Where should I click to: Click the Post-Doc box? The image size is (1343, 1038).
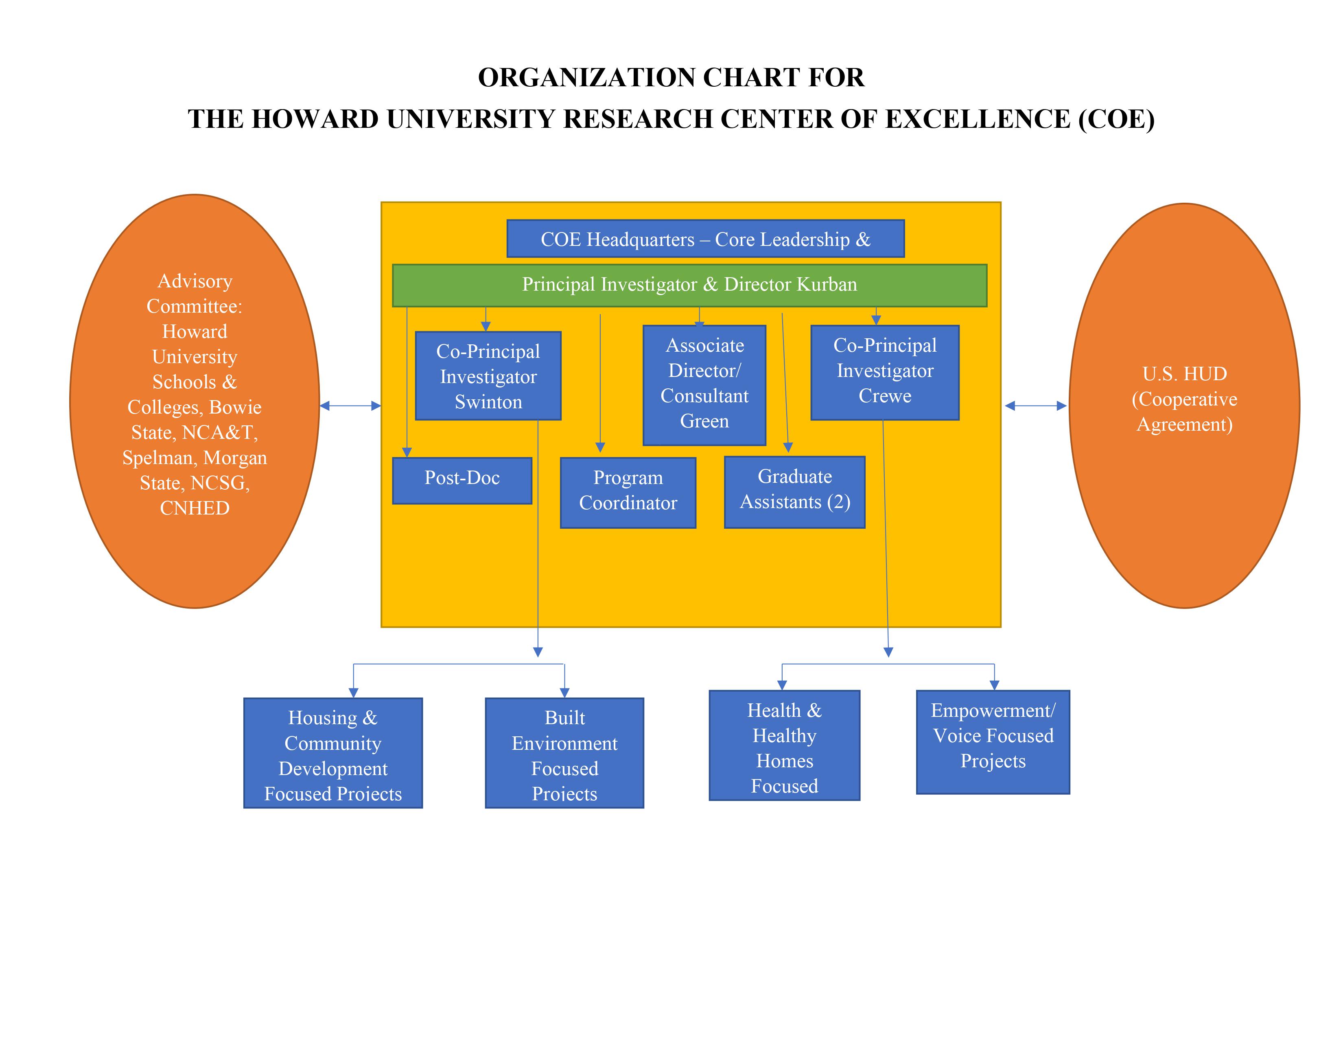(462, 480)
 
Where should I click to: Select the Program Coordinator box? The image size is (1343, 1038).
(628, 493)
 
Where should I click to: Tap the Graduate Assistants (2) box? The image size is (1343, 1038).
(794, 492)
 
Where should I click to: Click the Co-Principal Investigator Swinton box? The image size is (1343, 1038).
(488, 376)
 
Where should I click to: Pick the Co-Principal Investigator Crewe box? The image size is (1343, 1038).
(885, 372)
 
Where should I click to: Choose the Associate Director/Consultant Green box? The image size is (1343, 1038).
(704, 385)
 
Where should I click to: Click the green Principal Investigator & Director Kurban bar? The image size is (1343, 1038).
(689, 285)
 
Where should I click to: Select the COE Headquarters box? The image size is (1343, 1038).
(705, 239)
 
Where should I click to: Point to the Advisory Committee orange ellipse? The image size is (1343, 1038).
(194, 401)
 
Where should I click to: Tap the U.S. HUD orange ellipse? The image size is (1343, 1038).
(1184, 406)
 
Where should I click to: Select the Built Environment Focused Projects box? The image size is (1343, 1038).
(564, 753)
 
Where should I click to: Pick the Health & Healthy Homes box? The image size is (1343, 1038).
(784, 745)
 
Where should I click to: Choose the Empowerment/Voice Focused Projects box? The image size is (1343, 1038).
(993, 742)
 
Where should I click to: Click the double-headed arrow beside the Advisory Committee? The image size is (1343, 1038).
(350, 406)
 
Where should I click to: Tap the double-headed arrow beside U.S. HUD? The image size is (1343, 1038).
(1036, 406)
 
